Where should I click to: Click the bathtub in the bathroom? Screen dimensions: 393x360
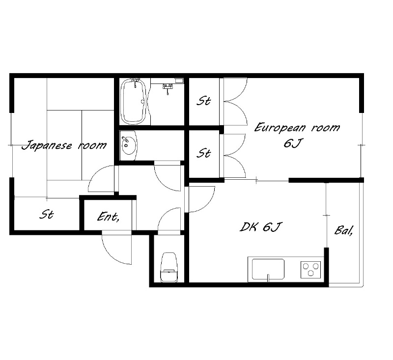click(x=133, y=102)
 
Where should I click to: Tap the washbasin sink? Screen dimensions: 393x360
click(x=129, y=145)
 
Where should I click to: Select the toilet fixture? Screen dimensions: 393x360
click(x=169, y=267)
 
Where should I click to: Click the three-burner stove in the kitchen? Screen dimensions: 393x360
click(x=311, y=270)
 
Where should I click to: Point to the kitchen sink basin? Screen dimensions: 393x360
click(x=268, y=269)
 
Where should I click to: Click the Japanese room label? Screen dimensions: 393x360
click(x=64, y=145)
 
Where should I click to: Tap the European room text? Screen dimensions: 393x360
click(x=297, y=128)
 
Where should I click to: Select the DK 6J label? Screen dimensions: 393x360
click(x=261, y=227)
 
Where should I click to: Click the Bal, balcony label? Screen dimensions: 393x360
click(x=344, y=230)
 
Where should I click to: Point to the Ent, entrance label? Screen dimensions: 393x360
click(x=108, y=217)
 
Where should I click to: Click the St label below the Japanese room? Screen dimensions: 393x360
click(x=47, y=215)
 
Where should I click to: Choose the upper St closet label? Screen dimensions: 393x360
click(x=203, y=101)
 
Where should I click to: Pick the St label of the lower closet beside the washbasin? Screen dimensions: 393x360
click(x=203, y=153)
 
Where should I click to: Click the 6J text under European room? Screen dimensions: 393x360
click(x=292, y=143)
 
